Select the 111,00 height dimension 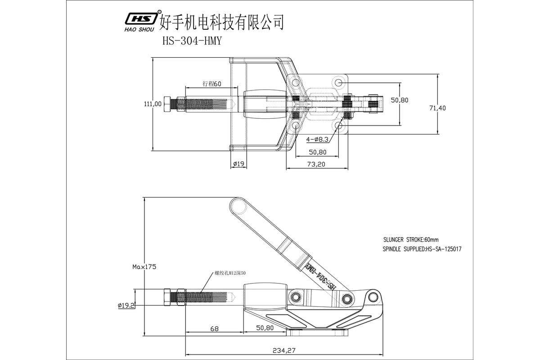pyautogui.click(x=153, y=103)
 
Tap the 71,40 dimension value pyautogui.click(x=437, y=108)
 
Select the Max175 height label pyautogui.click(x=144, y=266)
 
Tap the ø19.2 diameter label pyautogui.click(x=126, y=305)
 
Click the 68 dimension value pyautogui.click(x=214, y=328)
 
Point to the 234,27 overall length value pyautogui.click(x=284, y=350)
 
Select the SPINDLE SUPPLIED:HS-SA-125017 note pyautogui.click(x=422, y=248)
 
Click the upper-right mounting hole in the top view pyautogui.click(x=339, y=83)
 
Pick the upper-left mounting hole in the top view pyautogui.click(x=295, y=83)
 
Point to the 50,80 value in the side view pyautogui.click(x=265, y=328)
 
